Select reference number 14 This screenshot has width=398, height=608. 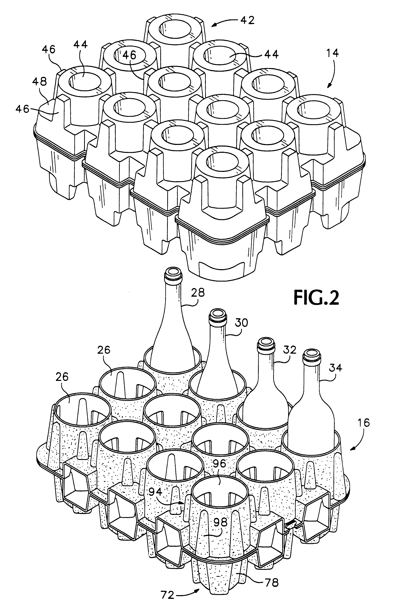tap(332, 53)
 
